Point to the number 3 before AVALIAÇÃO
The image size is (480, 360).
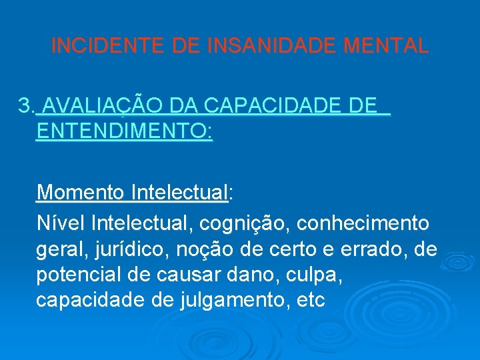tap(25, 105)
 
